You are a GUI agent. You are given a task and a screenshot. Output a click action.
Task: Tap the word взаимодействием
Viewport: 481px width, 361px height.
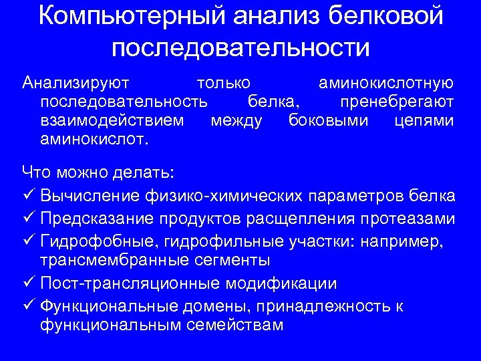point(111,121)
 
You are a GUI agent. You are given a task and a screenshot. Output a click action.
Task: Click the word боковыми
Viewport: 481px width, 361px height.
point(329,121)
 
